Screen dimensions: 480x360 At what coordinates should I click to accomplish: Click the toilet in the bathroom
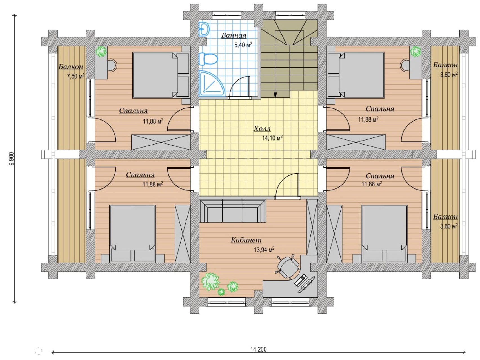click(208, 59)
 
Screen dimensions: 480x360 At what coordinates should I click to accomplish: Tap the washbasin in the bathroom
click(204, 29)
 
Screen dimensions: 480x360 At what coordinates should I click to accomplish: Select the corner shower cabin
click(211, 84)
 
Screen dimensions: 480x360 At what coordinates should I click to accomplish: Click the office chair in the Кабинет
click(288, 266)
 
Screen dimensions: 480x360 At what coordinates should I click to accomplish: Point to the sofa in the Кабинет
click(232, 211)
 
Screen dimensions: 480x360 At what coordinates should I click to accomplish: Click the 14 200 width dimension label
click(258, 349)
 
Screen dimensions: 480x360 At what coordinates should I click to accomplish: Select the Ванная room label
click(234, 35)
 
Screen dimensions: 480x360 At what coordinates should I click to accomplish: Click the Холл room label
click(262, 129)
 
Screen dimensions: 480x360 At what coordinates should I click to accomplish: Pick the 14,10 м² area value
click(272, 138)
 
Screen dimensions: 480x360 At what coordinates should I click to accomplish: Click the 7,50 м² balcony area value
click(75, 76)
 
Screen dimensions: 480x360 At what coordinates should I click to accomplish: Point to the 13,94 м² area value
click(264, 250)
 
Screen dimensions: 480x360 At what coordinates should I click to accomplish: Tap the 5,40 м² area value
click(243, 45)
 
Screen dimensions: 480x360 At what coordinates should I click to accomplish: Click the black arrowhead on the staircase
click(275, 95)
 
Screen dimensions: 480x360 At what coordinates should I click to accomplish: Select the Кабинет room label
click(246, 240)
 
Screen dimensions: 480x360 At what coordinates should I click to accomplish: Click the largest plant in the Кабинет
click(210, 281)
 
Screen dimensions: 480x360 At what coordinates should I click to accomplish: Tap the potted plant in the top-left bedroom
click(101, 52)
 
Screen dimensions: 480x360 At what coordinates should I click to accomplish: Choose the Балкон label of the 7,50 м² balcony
click(71, 67)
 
